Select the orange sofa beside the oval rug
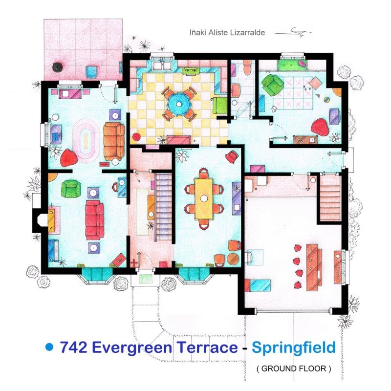point(113,142)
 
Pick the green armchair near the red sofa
point(71,187)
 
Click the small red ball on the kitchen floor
point(137,137)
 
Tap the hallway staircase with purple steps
point(163,205)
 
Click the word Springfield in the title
point(293,348)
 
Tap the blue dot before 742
point(48,347)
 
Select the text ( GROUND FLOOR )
point(293,369)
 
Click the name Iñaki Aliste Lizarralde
point(227,32)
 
